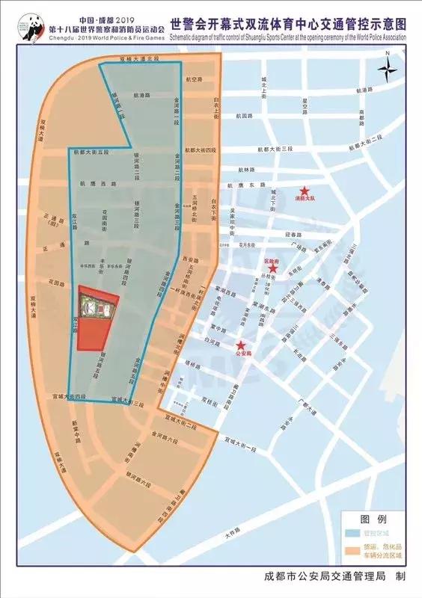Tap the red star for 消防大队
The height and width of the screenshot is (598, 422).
click(x=305, y=191)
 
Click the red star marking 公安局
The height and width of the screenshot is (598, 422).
click(x=241, y=345)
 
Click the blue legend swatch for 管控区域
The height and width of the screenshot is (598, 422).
click(x=355, y=536)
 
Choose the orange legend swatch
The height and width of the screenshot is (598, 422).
click(x=355, y=554)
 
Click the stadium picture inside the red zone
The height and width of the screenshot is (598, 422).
click(x=98, y=306)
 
